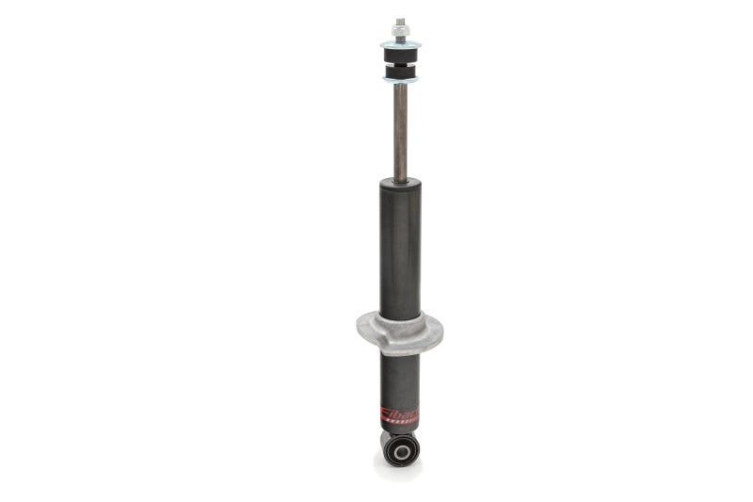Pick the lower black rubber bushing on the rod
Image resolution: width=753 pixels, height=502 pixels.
pyautogui.click(x=400, y=73)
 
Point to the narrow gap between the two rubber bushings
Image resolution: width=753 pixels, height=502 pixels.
pyautogui.click(x=400, y=64)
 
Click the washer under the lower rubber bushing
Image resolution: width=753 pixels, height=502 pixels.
pyautogui.click(x=400, y=81)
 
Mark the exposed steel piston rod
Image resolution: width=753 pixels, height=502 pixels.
pyautogui.click(x=400, y=132)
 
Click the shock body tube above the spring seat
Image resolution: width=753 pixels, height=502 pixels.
pyautogui.click(x=400, y=250)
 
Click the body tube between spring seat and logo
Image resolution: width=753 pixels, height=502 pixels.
pyautogui.click(x=400, y=377)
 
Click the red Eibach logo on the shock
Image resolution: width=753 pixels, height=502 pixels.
pyautogui.click(x=400, y=414)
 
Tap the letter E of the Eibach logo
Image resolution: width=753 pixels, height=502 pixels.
pyautogui.click(x=385, y=414)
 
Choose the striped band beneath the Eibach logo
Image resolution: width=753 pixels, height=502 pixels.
pyautogui.click(x=403, y=425)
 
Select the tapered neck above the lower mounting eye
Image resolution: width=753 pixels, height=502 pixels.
pyautogui.click(x=400, y=434)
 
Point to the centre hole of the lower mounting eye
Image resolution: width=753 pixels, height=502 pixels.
pyautogui.click(x=401, y=452)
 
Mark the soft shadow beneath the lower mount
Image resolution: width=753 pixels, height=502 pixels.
pyautogui.click(x=399, y=472)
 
